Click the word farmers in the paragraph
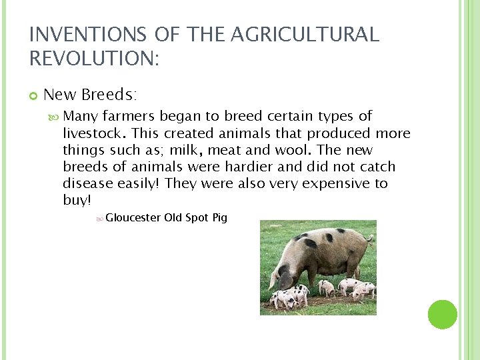[130, 117]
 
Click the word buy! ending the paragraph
[77, 200]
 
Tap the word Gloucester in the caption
[133, 217]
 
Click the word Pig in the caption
[219, 217]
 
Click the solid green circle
[443, 314]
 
